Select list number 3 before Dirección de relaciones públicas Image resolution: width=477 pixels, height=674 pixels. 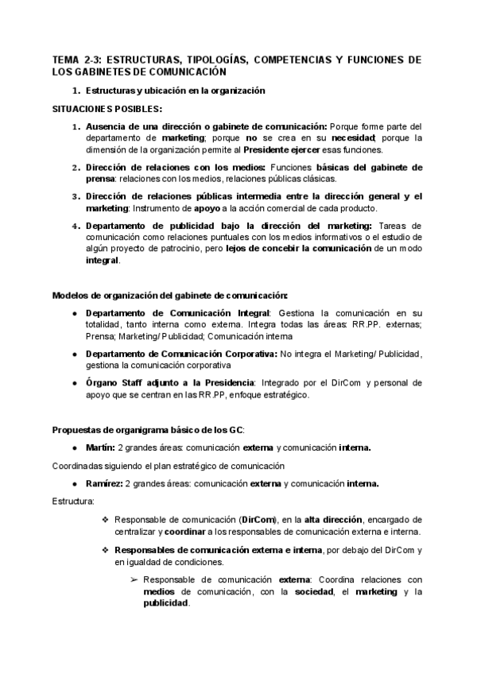pos(77,196)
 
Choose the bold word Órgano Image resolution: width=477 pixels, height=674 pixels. pos(103,382)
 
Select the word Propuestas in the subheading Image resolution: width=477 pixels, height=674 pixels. pos(77,430)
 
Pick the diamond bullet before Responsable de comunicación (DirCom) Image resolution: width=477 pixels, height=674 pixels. pos(104,520)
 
